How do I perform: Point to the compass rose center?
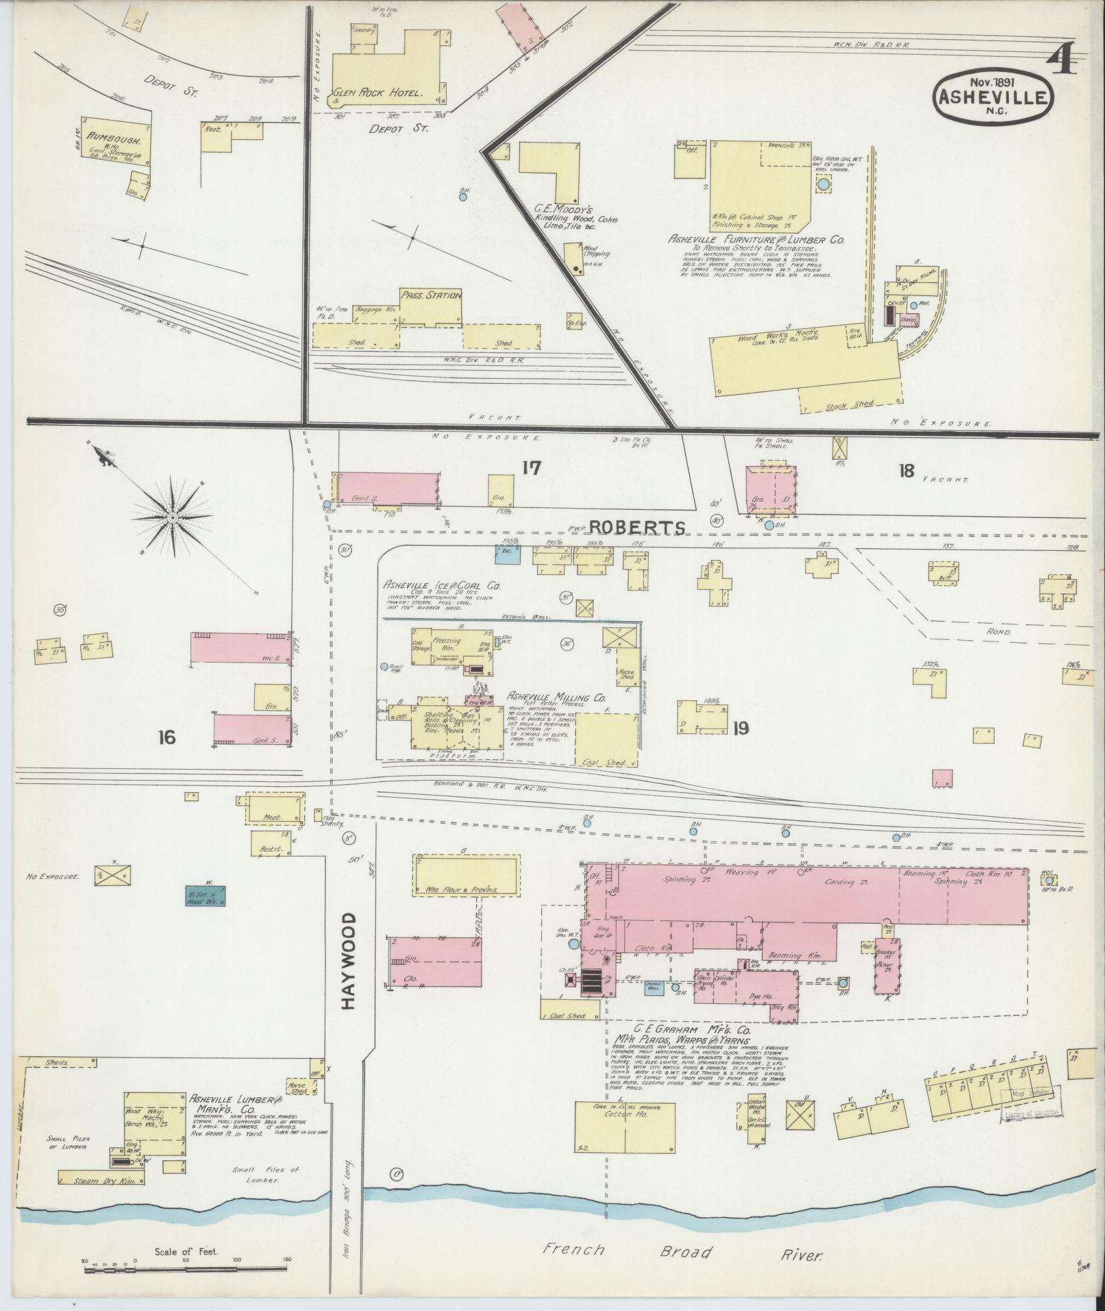173,516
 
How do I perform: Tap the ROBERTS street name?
637,527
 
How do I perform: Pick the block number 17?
531,468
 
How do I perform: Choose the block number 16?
166,737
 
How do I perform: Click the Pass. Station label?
431,295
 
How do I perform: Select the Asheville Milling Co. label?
556,696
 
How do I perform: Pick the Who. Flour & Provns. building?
465,876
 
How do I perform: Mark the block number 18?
906,471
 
